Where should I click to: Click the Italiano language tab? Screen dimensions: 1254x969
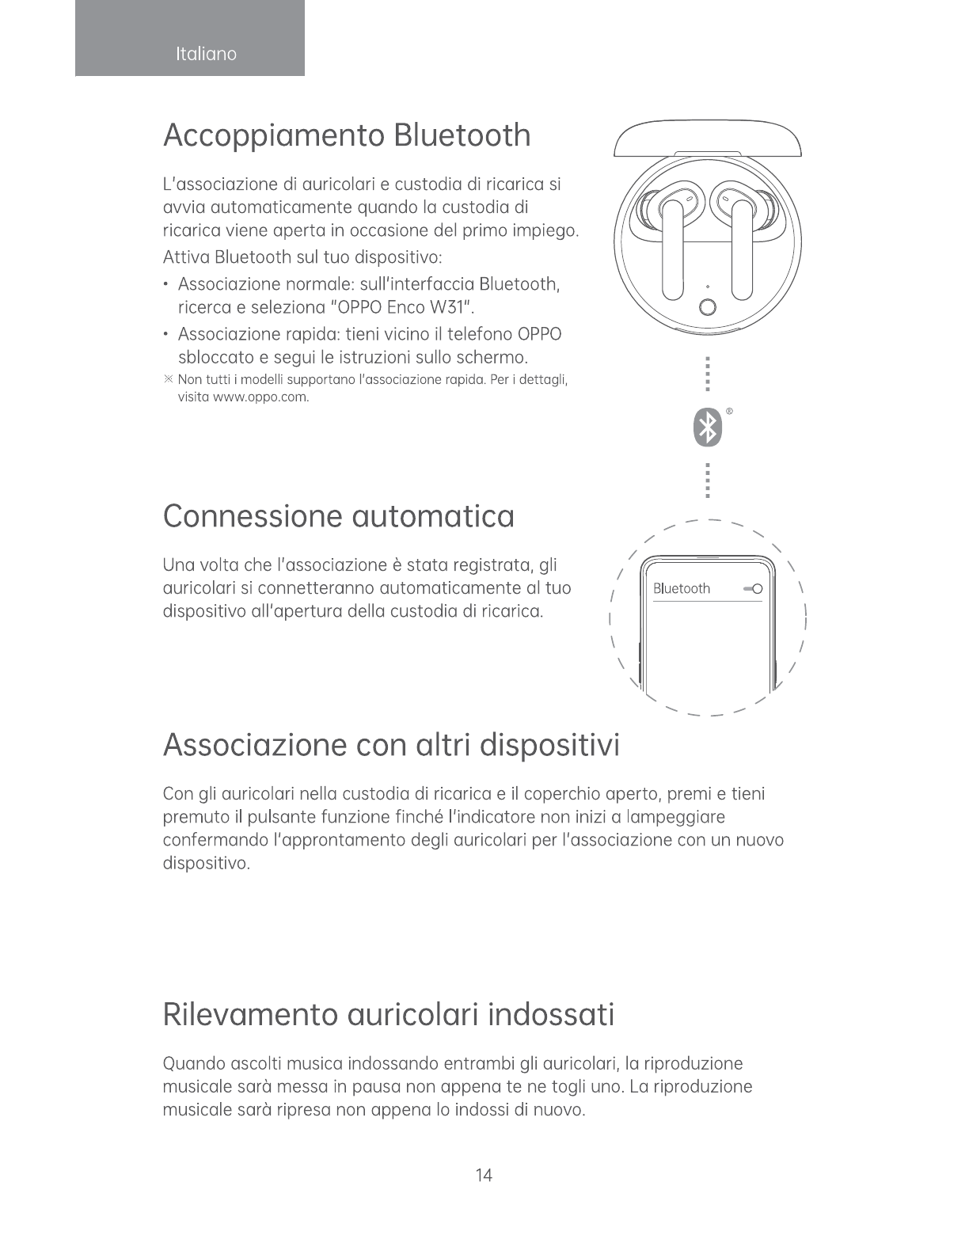206,54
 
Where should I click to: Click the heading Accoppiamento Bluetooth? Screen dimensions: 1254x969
347,135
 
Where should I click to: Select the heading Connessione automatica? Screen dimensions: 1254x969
338,517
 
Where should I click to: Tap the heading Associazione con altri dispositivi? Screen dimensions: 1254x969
391,745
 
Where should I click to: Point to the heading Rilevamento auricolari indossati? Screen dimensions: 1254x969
388,1014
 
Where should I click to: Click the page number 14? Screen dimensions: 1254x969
484,1175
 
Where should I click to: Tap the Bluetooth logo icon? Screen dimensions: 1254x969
707,427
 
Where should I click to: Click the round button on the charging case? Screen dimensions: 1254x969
708,308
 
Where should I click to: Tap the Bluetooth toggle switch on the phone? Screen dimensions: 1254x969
753,589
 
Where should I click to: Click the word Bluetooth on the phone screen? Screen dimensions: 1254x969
681,589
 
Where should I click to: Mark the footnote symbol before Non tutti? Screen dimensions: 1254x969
168,380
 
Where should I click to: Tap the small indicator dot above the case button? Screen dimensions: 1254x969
708,286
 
